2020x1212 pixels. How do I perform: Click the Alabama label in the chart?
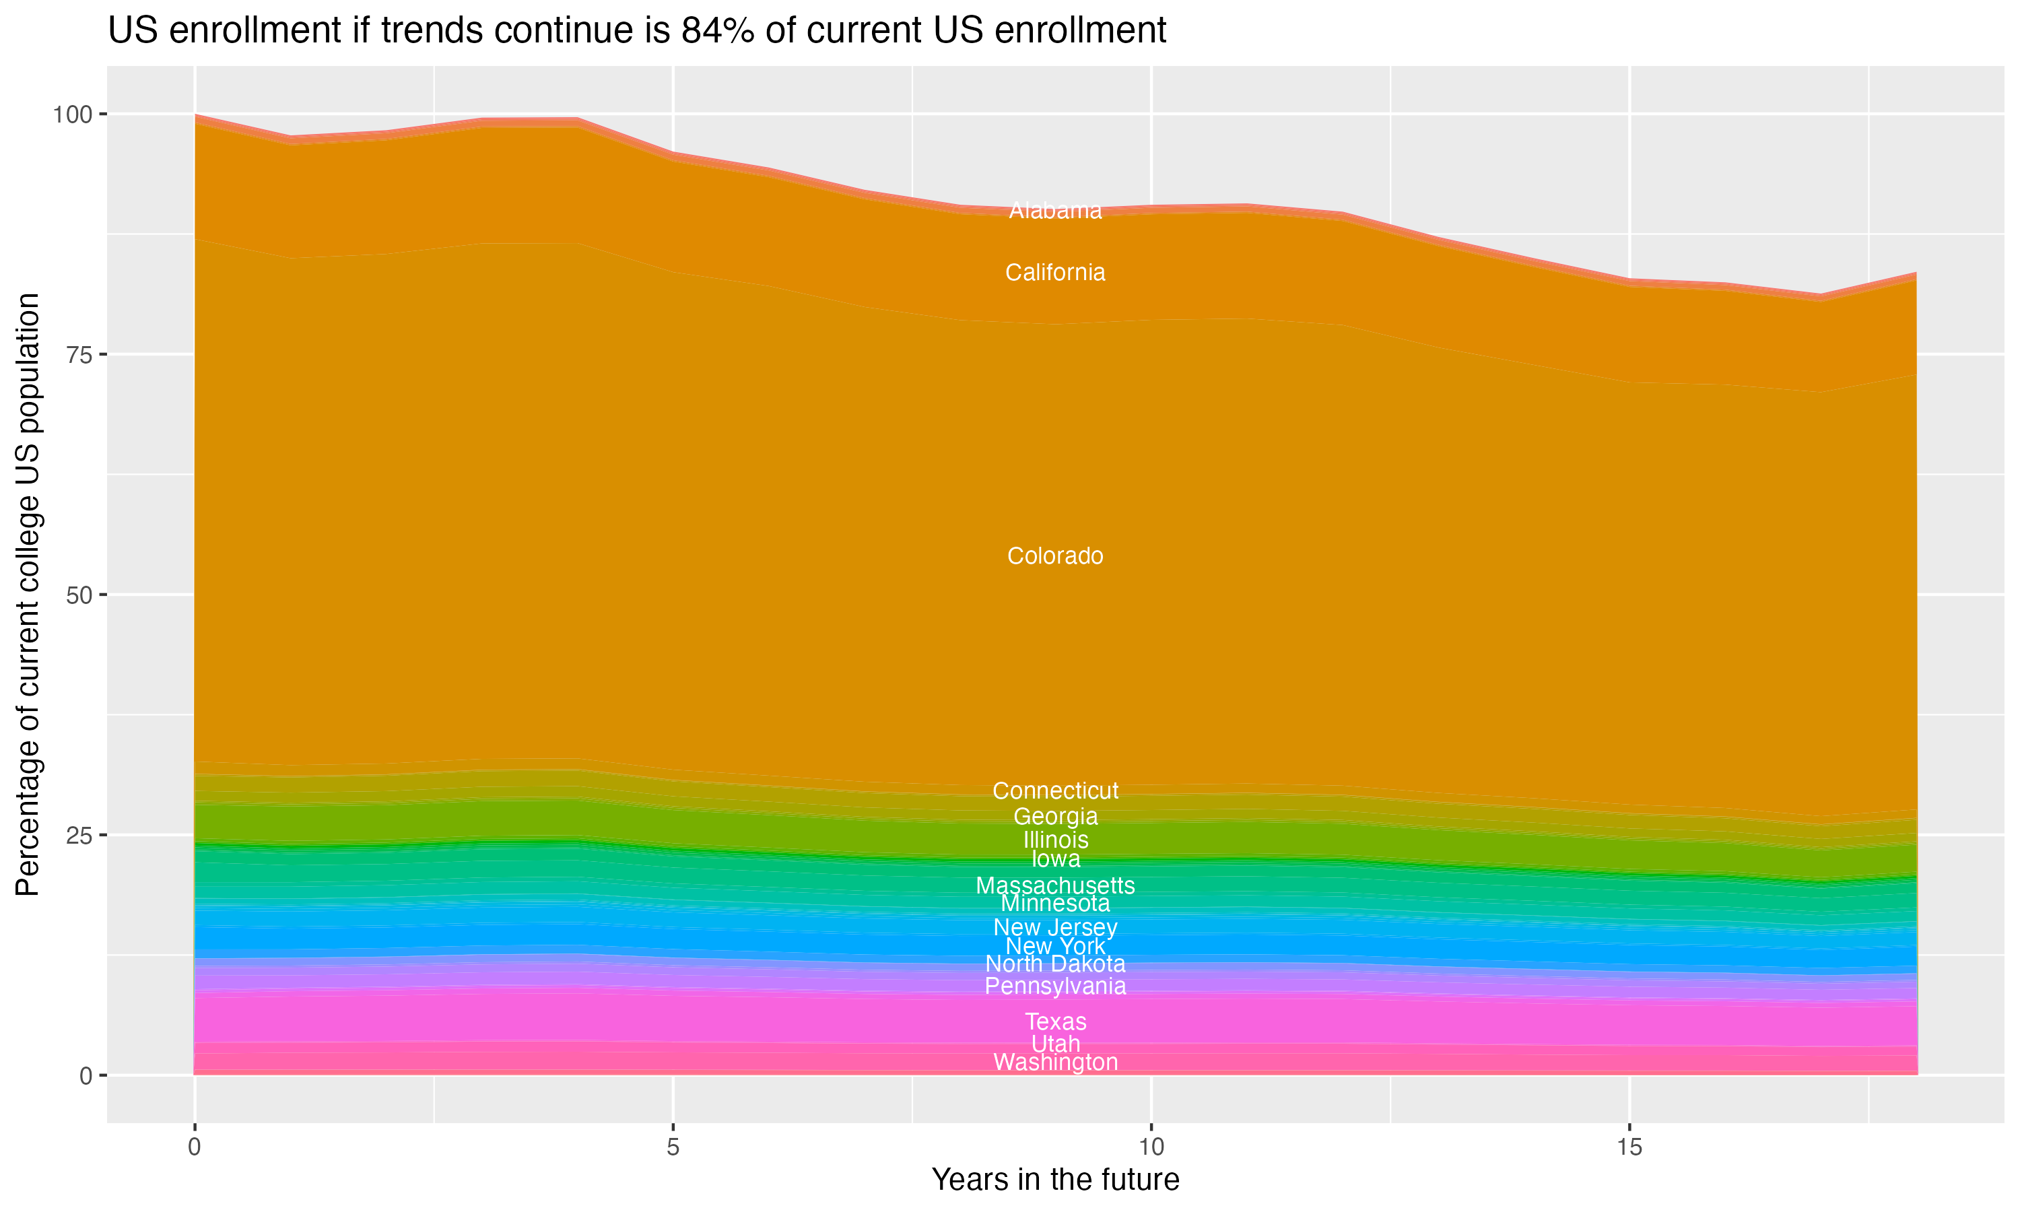[1055, 211]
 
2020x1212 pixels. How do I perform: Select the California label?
[1055, 273]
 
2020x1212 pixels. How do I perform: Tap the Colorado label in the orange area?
[1055, 556]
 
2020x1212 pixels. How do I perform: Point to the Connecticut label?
[1055, 790]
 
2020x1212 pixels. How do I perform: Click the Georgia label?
[1055, 816]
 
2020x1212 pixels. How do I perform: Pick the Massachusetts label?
[1055, 885]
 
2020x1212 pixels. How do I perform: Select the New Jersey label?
[1055, 928]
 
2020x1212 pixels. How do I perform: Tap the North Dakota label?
[1055, 964]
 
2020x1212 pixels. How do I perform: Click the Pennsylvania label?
[1055, 986]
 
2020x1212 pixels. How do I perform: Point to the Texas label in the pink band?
[1055, 1021]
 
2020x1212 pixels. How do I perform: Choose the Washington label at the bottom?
[1055, 1063]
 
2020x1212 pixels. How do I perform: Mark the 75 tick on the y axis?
[78, 354]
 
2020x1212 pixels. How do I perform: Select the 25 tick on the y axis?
[78, 835]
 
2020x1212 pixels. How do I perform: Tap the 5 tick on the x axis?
[673, 1147]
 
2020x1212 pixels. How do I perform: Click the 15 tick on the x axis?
[1629, 1147]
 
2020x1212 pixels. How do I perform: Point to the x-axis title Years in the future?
[1055, 1180]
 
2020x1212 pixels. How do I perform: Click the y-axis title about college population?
[28, 595]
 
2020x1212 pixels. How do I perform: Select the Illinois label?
[1055, 840]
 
